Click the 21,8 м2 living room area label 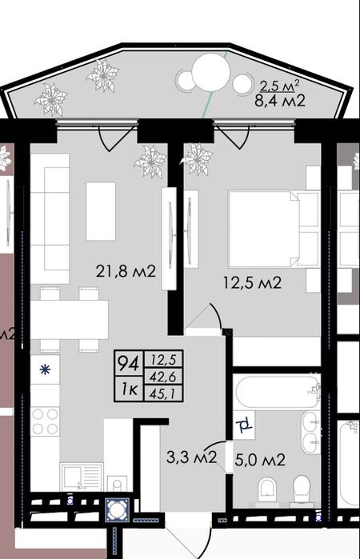(x=126, y=272)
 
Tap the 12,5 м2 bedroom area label (x=252, y=283)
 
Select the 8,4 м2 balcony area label (x=280, y=101)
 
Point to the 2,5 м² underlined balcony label (x=279, y=86)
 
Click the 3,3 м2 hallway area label (x=191, y=457)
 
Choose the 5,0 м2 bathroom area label (x=260, y=460)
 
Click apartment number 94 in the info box (x=129, y=363)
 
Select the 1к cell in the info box (x=129, y=389)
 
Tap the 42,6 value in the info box (x=163, y=377)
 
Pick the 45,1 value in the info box (x=163, y=393)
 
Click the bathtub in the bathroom (x=277, y=392)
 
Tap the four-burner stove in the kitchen (x=45, y=421)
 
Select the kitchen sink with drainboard (x=82, y=477)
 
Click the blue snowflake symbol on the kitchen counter (x=45, y=369)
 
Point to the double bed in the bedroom (x=274, y=229)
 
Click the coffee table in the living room (x=101, y=211)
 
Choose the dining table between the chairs (x=70, y=319)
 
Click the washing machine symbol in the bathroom (x=245, y=425)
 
